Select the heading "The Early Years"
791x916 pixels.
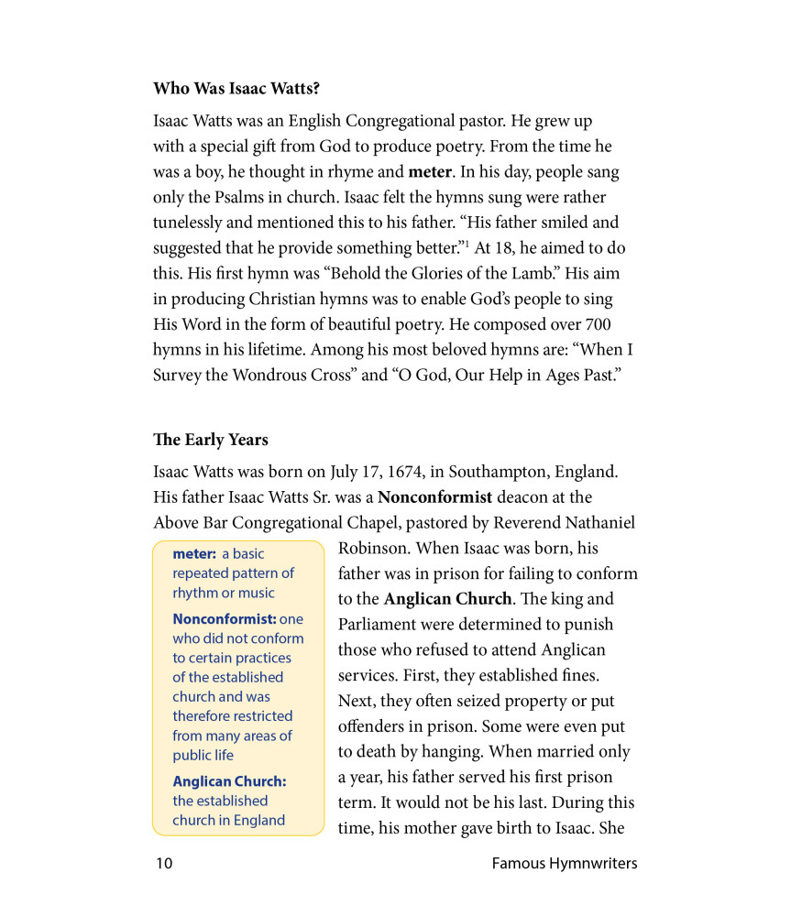tap(210, 440)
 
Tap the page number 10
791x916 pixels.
tap(163, 863)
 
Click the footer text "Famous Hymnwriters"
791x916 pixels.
tap(564, 863)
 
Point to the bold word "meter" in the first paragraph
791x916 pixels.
tap(430, 172)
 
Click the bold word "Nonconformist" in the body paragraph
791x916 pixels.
tap(434, 497)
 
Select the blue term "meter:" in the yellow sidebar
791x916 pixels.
tap(193, 553)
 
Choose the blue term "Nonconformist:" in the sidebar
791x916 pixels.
tap(225, 619)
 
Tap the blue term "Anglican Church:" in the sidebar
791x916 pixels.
tap(229, 781)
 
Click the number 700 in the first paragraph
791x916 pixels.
tap(596, 324)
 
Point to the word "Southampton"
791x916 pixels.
tap(503, 473)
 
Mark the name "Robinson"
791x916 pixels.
tap(372, 549)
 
